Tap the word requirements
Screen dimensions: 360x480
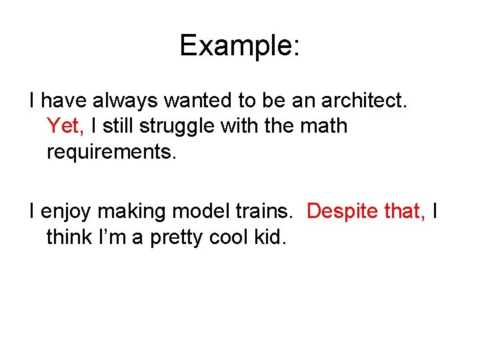(x=111, y=151)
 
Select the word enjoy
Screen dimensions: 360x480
(x=68, y=212)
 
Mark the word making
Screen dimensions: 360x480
(x=137, y=212)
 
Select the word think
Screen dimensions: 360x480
(x=69, y=237)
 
